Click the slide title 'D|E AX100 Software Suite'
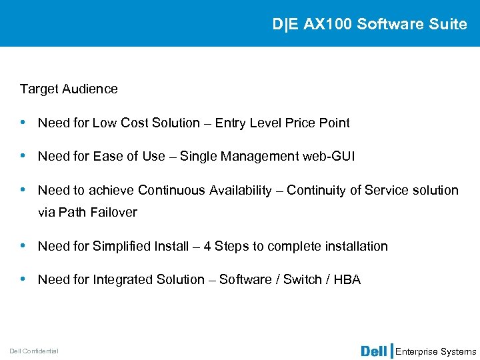click(369, 24)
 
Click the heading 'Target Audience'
click(69, 89)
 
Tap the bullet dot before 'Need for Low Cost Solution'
click(24, 123)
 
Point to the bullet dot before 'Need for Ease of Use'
click(24, 156)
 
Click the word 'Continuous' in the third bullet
click(171, 190)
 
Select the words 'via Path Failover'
click(87, 212)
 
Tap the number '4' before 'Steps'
click(207, 246)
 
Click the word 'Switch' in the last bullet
click(302, 279)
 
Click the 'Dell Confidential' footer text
click(34, 351)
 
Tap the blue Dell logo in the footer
click(375, 351)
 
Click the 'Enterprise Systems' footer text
click(436, 351)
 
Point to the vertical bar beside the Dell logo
click(391, 351)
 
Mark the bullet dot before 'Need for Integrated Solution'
click(24, 279)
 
